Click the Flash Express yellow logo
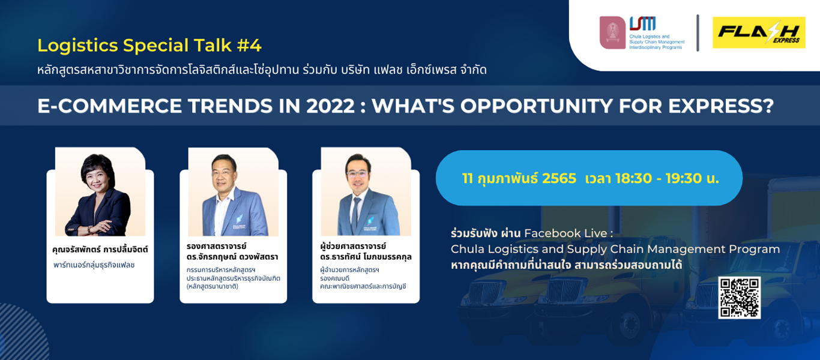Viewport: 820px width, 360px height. [759, 32]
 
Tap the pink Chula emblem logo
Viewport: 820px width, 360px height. [612, 32]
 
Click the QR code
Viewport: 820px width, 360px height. [739, 298]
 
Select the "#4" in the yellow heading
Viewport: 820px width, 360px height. [249, 46]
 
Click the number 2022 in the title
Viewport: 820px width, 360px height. [330, 106]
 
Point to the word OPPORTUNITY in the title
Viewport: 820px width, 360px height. [536, 106]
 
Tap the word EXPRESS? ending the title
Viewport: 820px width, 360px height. [721, 106]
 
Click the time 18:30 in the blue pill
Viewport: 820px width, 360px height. [633, 179]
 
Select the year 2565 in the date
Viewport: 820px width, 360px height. [559, 179]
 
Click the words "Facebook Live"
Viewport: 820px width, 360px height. [565, 233]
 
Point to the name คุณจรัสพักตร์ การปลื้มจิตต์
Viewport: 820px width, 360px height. [100, 249]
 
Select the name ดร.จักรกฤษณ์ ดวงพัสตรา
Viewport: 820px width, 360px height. [232, 257]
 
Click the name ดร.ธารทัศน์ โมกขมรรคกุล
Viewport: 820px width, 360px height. [366, 257]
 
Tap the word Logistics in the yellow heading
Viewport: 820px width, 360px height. [77, 46]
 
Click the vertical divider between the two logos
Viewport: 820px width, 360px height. [698, 33]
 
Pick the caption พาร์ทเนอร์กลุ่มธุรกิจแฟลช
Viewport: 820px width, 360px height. [94, 265]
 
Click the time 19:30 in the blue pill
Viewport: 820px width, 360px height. [684, 179]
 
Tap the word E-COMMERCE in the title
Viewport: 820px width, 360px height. [109, 106]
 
